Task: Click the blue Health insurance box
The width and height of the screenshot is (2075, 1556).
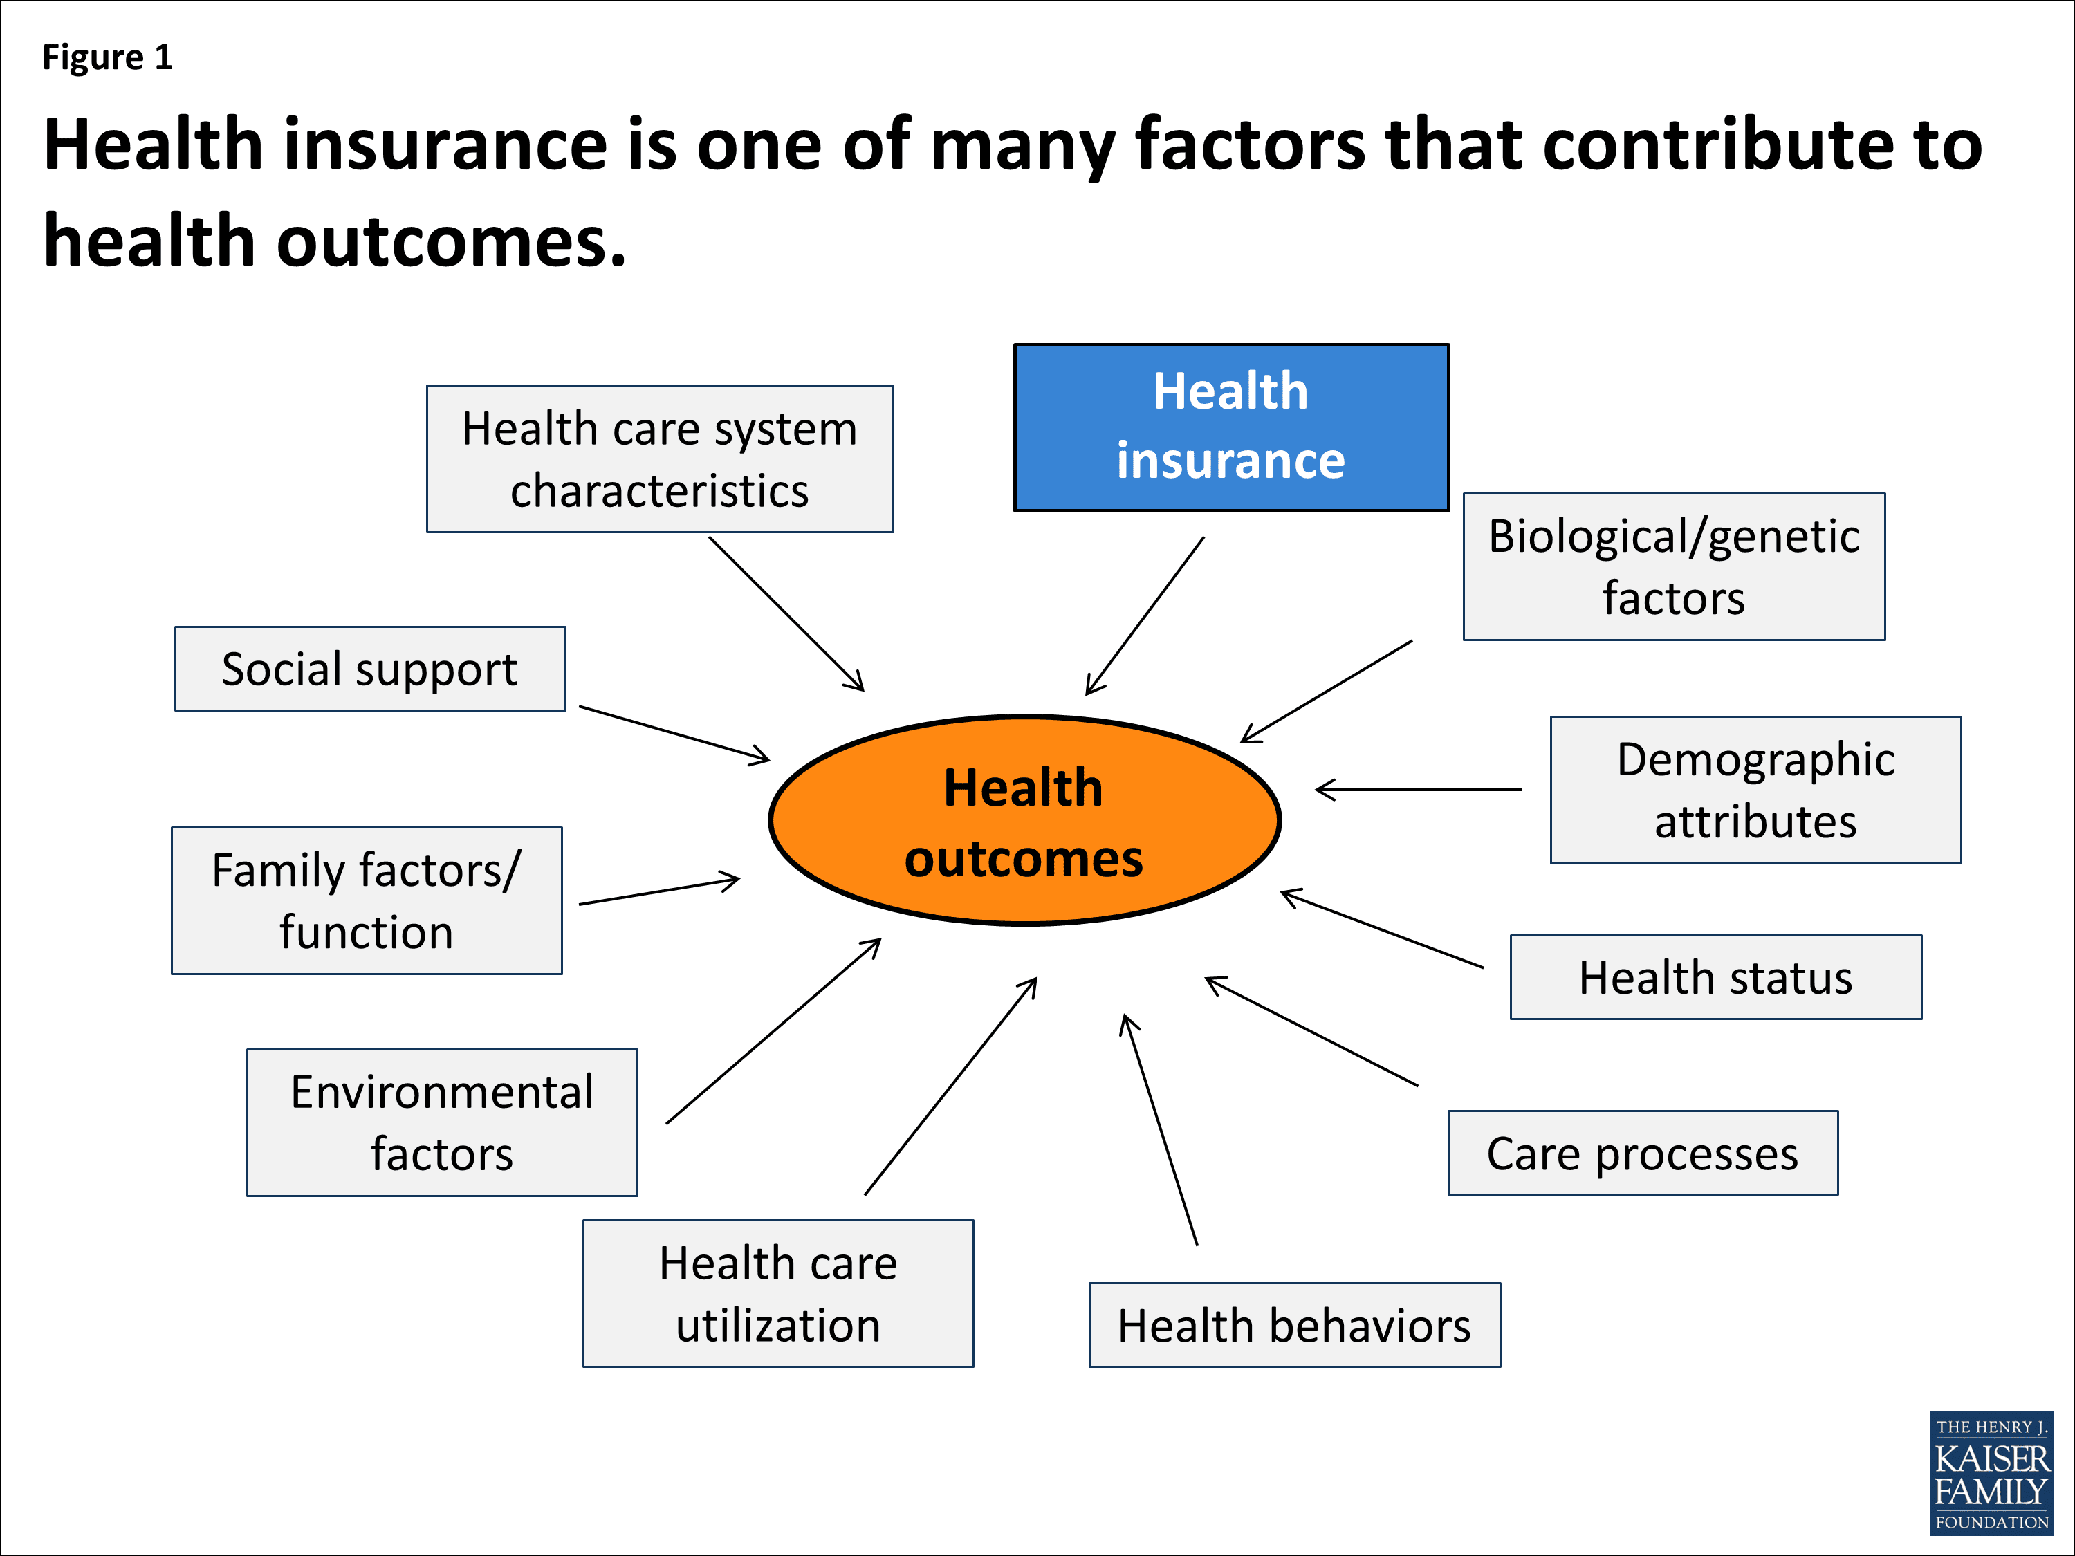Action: (1230, 427)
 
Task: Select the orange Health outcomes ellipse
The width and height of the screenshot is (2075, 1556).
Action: (1024, 821)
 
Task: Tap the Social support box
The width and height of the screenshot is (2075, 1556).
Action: (369, 669)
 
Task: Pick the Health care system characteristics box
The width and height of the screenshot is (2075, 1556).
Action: (659, 459)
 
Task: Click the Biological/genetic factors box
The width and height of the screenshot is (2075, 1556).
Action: (1674, 566)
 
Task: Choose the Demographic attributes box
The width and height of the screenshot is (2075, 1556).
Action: (1755, 790)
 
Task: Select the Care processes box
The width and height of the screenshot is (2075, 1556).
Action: (1643, 1153)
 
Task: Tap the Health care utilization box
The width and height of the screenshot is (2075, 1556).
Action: (777, 1293)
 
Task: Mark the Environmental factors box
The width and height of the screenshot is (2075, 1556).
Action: (442, 1122)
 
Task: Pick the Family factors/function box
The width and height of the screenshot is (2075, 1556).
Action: (366, 900)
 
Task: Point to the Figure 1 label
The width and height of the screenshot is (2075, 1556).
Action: (107, 57)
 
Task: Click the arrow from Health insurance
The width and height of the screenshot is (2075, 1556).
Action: (1145, 615)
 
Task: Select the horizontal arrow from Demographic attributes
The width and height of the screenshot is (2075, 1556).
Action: (1419, 790)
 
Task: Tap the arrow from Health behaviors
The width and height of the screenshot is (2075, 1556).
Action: (1161, 1130)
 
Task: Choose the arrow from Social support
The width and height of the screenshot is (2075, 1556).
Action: (674, 734)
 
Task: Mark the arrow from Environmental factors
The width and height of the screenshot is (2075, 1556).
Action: (774, 1031)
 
